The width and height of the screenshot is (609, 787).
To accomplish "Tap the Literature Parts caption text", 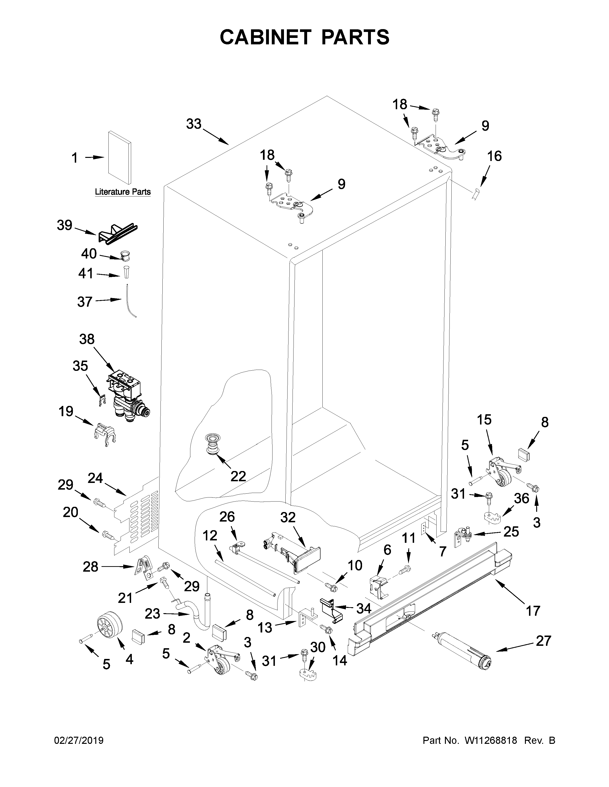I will pos(123,192).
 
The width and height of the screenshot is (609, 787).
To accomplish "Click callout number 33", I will pos(194,124).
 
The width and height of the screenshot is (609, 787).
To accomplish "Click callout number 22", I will pos(238,476).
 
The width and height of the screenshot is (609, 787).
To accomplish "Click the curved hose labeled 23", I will pos(197,613).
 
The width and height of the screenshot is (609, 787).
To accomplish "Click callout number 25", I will pos(511,531).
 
